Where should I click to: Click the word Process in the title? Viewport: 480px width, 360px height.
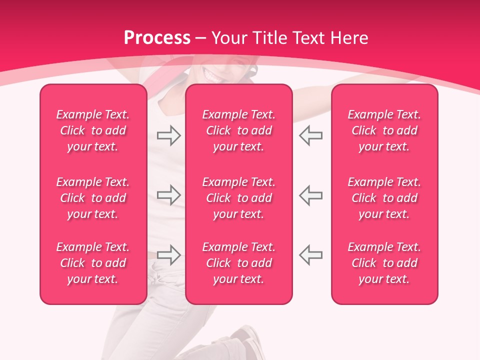click(157, 38)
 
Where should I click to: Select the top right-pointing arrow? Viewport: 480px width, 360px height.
click(168, 135)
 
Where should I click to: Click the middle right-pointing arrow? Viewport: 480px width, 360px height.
click(168, 194)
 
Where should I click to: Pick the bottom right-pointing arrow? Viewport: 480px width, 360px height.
click(168, 255)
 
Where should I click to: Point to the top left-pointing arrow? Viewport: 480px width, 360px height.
click(310, 135)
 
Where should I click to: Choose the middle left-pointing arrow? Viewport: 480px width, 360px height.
click(310, 194)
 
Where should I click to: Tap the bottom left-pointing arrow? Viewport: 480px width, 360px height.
click(310, 255)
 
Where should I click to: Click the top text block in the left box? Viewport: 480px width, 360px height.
click(93, 130)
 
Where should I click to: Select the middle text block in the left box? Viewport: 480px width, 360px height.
click(93, 198)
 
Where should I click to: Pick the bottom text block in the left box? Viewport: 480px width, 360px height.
click(93, 263)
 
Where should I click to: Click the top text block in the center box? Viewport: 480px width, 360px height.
click(239, 130)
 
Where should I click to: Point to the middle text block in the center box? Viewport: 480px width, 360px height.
click(239, 198)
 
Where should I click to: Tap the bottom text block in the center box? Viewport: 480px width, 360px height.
click(239, 263)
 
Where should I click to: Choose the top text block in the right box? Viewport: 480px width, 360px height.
click(384, 130)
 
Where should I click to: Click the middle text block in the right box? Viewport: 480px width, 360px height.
click(384, 198)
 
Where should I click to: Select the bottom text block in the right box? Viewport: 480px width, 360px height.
click(384, 263)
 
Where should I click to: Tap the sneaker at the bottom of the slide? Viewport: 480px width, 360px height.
click(249, 342)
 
